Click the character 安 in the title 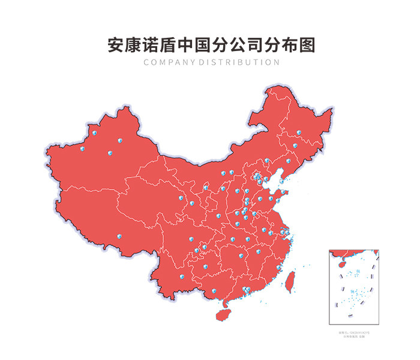click(x=116, y=46)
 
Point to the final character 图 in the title click(x=306, y=46)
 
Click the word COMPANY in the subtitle click(x=170, y=62)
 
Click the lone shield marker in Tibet click(x=119, y=236)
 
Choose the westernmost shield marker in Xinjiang click(x=83, y=149)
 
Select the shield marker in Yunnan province click(x=181, y=277)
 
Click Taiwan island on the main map click(x=291, y=280)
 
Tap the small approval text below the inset click(x=354, y=333)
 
